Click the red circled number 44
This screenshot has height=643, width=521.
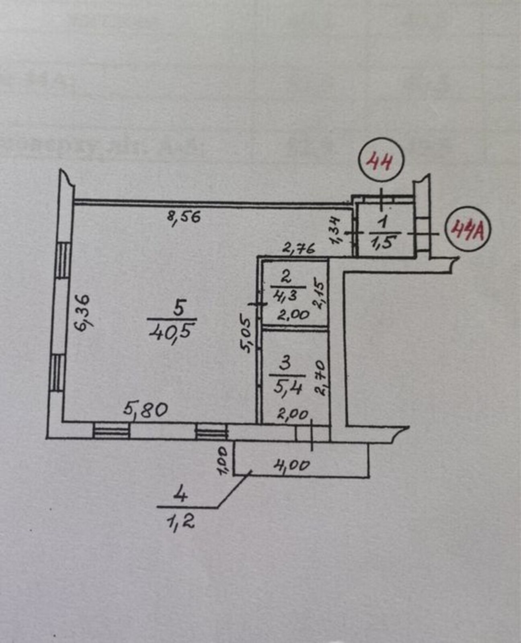pyautogui.click(x=380, y=164)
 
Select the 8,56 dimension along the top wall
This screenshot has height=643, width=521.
pyautogui.click(x=184, y=218)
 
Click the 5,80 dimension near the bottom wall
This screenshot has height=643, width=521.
pyautogui.click(x=146, y=410)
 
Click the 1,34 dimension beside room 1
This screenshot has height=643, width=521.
pyautogui.click(x=336, y=230)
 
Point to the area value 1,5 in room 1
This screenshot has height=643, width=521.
pyautogui.click(x=384, y=242)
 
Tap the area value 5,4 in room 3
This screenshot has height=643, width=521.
pyautogui.click(x=287, y=388)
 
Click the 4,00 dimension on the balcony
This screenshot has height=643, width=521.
pyautogui.click(x=292, y=465)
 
